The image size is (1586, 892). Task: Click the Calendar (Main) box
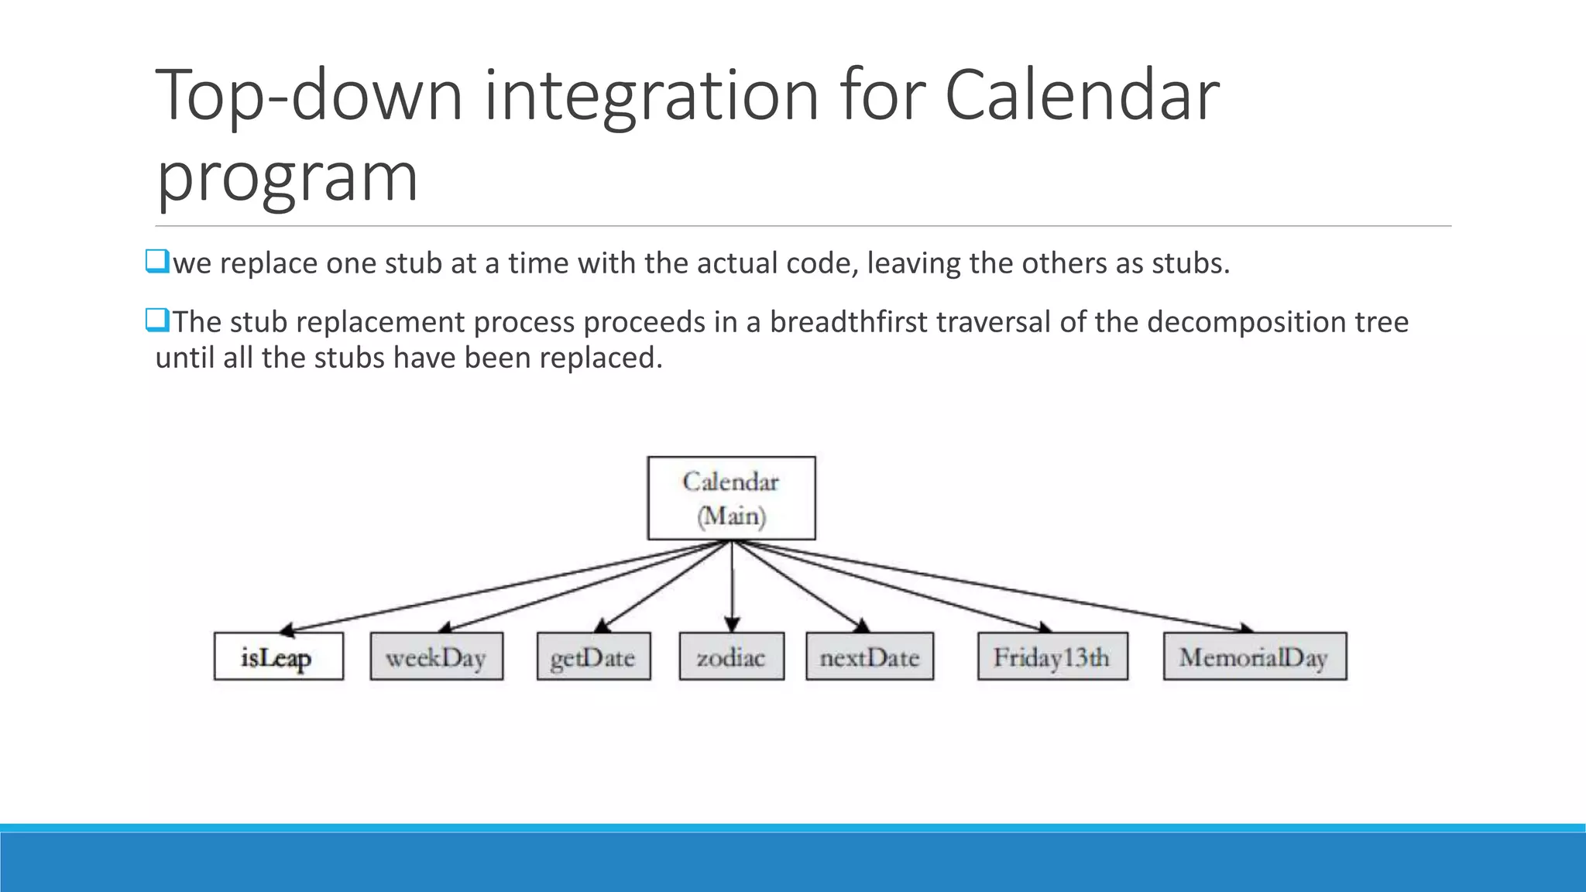(x=731, y=498)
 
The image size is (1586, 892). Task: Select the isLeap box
(x=278, y=657)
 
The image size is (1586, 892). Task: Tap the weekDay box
(x=436, y=657)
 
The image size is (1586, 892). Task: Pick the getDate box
(x=593, y=657)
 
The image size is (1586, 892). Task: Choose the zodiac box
(x=731, y=657)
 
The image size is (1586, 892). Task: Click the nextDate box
(x=869, y=657)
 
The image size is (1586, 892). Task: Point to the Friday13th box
(x=1052, y=657)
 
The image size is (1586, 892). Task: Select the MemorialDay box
(x=1254, y=657)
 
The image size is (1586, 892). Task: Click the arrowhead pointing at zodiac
(x=732, y=624)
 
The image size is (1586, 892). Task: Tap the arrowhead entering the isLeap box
(x=286, y=630)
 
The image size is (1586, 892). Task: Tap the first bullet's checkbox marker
(x=157, y=262)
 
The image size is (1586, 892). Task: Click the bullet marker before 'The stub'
(x=157, y=320)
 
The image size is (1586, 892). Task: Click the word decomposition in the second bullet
(x=1246, y=321)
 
